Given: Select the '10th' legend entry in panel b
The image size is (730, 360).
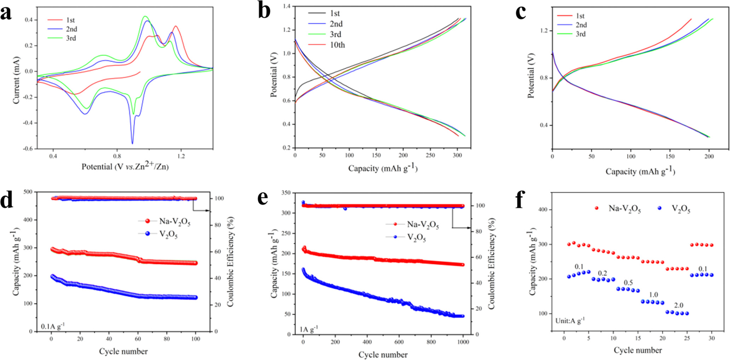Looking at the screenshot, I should click(x=337, y=45).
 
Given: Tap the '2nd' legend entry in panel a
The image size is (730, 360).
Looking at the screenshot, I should click(x=71, y=29).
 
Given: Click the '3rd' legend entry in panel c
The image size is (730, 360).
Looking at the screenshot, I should click(x=580, y=34).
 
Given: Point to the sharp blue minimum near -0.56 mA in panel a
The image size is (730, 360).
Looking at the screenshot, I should click(x=132, y=143).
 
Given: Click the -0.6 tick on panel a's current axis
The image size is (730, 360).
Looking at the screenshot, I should click(x=28, y=149).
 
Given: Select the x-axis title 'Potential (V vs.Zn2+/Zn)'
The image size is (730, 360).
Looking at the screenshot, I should click(x=125, y=166).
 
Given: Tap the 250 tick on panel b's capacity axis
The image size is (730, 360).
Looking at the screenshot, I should click(x=430, y=155).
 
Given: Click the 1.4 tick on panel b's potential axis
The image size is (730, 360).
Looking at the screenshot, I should click(x=286, y=6).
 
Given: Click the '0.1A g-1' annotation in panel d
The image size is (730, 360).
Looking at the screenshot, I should click(x=53, y=326).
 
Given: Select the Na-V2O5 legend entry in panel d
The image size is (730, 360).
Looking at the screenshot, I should click(x=174, y=221).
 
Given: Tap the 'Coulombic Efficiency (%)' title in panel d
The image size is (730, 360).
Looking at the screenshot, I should click(x=230, y=261).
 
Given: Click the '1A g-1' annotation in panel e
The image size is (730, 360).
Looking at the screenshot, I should click(x=309, y=329).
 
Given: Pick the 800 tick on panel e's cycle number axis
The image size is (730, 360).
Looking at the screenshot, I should click(x=431, y=342).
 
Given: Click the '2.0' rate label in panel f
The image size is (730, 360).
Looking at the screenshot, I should click(x=678, y=305).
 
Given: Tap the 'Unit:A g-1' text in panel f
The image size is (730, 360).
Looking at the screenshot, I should click(x=570, y=320).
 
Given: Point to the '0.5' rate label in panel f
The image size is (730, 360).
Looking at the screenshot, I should click(x=628, y=283).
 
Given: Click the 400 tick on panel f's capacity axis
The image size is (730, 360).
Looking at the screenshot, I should click(x=542, y=210).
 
